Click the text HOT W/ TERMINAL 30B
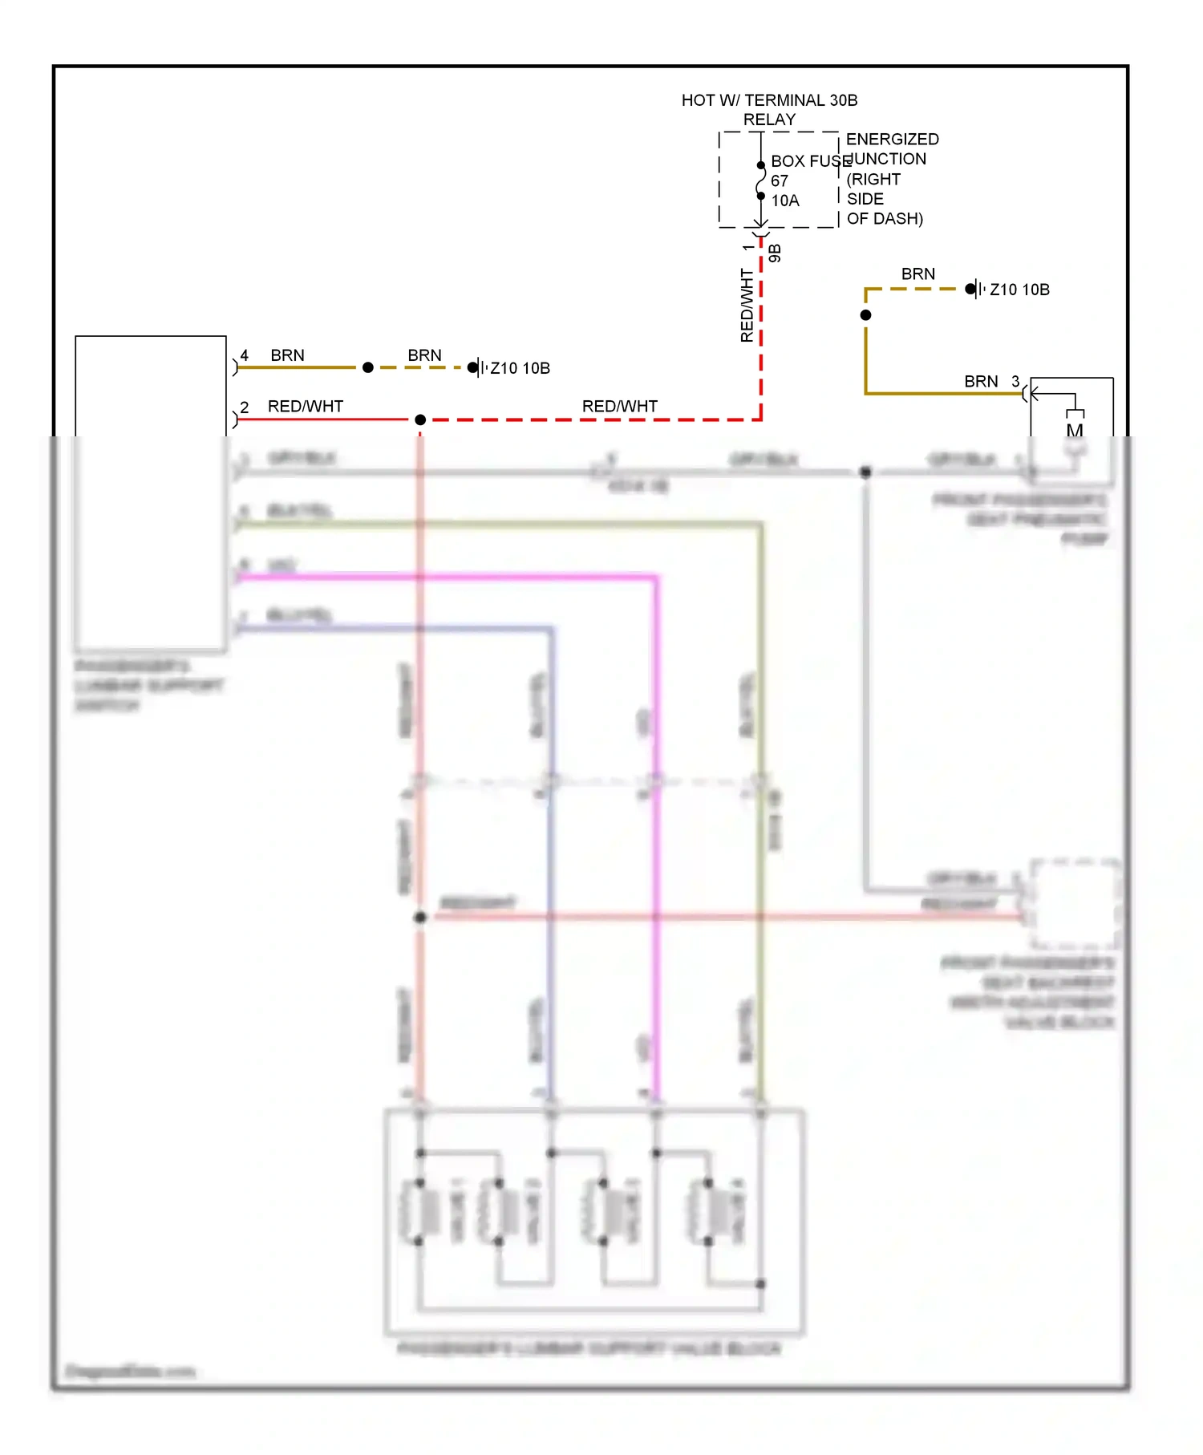pos(769,100)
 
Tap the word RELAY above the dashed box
pos(769,120)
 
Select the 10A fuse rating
pos(785,201)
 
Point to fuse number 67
pos(780,181)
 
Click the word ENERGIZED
pos(892,140)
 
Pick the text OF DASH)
pos(885,218)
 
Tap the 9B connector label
pos(775,253)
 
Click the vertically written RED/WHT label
pos(747,306)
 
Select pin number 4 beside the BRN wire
pos(245,355)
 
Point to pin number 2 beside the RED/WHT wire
pos(245,407)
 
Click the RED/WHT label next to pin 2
pos(306,407)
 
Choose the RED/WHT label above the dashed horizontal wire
pos(620,407)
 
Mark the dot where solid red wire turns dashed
pos(420,419)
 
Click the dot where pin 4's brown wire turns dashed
pos(368,367)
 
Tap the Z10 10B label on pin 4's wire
pos(520,368)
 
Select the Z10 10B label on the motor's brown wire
pos(1019,290)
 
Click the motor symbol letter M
pos(1075,430)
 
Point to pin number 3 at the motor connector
pos(1015,381)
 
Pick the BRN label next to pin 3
pos(981,382)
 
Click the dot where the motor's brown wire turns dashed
pos(865,315)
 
